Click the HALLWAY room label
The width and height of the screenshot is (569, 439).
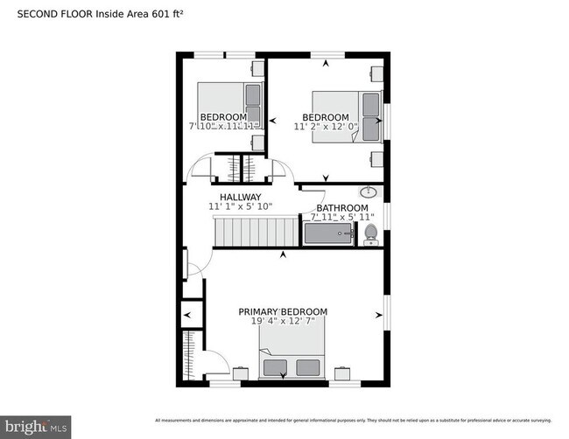coord(240,197)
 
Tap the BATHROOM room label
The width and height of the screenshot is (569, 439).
coord(335,207)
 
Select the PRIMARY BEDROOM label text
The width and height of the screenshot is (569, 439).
coord(283,311)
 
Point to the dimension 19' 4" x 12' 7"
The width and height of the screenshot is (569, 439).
coord(283,321)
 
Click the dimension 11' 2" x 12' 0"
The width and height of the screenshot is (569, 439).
coord(325,127)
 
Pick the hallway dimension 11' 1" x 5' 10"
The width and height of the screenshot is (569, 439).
coord(240,206)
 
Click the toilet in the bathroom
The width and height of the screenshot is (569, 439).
coord(370,233)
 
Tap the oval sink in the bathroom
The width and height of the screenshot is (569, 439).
coord(369,192)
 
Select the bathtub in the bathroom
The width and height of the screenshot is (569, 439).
coord(327,233)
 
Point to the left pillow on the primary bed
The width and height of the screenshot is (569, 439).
coord(276,366)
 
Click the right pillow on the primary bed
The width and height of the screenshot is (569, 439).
coord(307,366)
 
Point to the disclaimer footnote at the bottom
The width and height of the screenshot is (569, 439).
coord(359,420)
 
